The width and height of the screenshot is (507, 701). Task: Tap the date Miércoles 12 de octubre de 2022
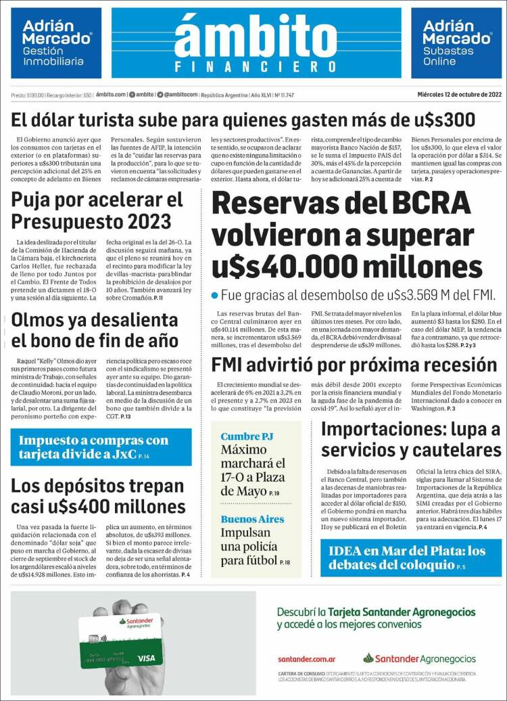460,94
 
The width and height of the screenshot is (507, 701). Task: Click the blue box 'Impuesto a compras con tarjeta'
101,447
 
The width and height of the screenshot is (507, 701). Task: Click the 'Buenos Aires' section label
252,519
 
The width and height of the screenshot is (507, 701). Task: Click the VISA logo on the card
146,658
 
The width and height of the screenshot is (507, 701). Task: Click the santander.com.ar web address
307,658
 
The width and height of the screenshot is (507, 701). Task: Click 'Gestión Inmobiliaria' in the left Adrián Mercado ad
53,56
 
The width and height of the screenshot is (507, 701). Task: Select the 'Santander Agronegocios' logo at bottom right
419,658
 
